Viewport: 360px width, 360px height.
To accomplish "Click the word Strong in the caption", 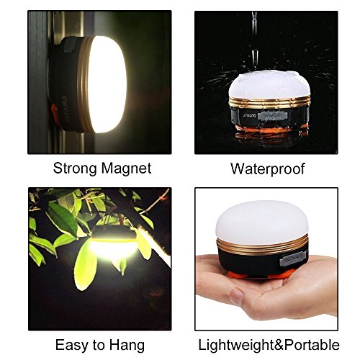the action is [x=75, y=168].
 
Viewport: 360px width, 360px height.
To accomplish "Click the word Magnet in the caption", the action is [x=126, y=168].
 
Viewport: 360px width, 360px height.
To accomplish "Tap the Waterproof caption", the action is [x=268, y=168].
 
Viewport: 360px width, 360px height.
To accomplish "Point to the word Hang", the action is [x=127, y=345].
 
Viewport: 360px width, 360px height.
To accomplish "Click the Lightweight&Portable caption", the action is [x=269, y=345].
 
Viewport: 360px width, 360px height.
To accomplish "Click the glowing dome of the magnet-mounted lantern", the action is [x=107, y=84].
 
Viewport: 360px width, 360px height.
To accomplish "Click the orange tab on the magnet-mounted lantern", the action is [x=55, y=112].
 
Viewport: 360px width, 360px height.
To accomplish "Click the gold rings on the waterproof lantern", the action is [x=269, y=102].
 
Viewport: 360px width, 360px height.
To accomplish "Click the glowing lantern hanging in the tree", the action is [x=113, y=243].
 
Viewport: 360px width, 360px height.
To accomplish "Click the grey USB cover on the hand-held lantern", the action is [x=293, y=258].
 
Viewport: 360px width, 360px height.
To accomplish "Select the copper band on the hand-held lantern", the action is [x=262, y=245].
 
